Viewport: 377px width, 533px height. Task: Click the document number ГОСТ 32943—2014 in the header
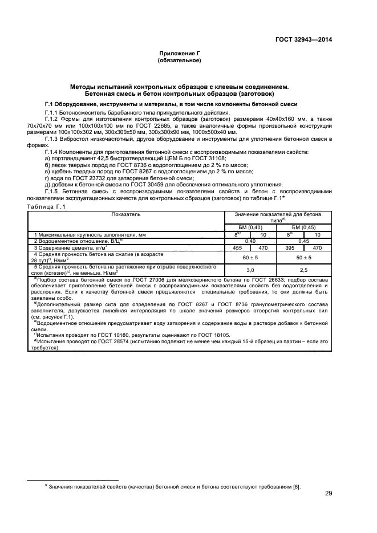302,40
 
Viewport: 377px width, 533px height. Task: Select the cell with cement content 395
289,247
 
